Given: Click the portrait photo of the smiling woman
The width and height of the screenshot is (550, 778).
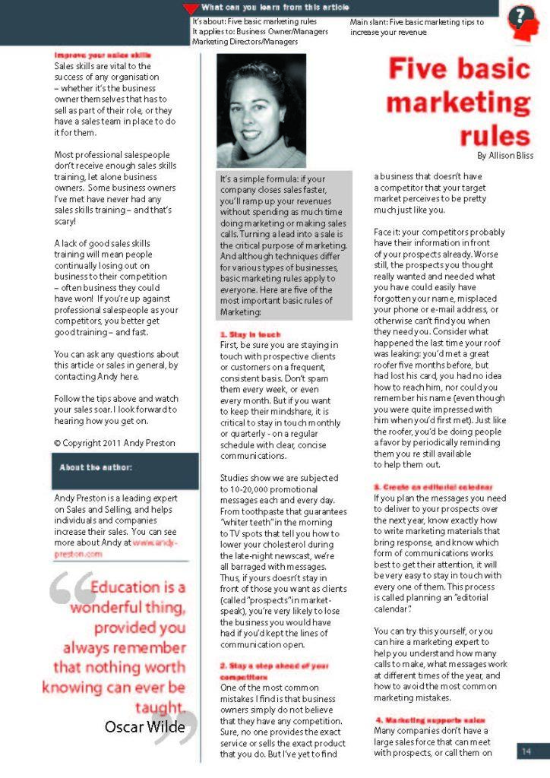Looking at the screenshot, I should (x=261, y=110).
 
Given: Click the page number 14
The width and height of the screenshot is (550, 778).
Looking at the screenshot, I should (x=526, y=751).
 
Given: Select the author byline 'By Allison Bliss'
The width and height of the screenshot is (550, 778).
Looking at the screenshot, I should (x=505, y=155).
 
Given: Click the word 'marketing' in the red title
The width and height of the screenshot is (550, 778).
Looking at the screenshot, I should (x=459, y=102).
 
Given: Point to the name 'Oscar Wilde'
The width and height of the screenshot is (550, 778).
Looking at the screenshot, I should (x=144, y=727).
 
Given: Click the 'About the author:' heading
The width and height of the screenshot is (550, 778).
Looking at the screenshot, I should (x=96, y=467).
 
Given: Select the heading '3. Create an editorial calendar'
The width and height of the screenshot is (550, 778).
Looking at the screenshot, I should (x=433, y=486).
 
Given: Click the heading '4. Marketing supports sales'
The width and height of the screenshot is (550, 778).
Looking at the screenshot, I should (x=431, y=719).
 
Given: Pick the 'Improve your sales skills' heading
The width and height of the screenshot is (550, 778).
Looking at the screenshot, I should (x=102, y=55).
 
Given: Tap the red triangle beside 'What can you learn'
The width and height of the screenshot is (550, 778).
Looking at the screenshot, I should (x=191, y=8).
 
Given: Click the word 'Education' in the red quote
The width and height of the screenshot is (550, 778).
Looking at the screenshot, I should (x=125, y=587).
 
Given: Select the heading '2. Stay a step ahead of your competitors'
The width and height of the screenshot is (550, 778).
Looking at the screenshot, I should (x=274, y=670).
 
